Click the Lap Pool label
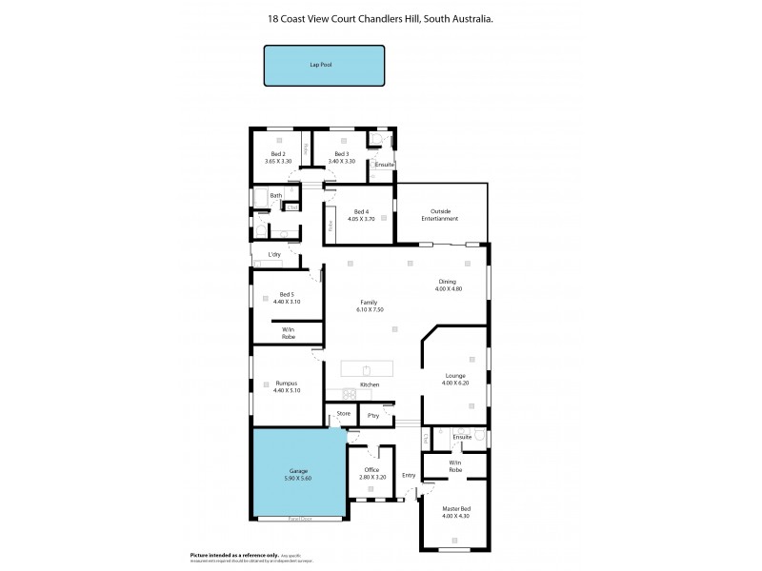(324, 67)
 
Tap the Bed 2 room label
(278, 154)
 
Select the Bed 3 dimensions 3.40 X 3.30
(341, 162)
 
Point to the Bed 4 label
(360, 211)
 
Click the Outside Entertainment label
(440, 215)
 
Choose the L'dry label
(274, 254)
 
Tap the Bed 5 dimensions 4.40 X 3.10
(287, 302)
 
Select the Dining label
(448, 282)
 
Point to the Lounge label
(455, 376)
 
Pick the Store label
(343, 414)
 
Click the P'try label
(372, 416)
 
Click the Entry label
(409, 475)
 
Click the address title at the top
(381, 18)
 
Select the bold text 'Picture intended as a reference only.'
(233, 554)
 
